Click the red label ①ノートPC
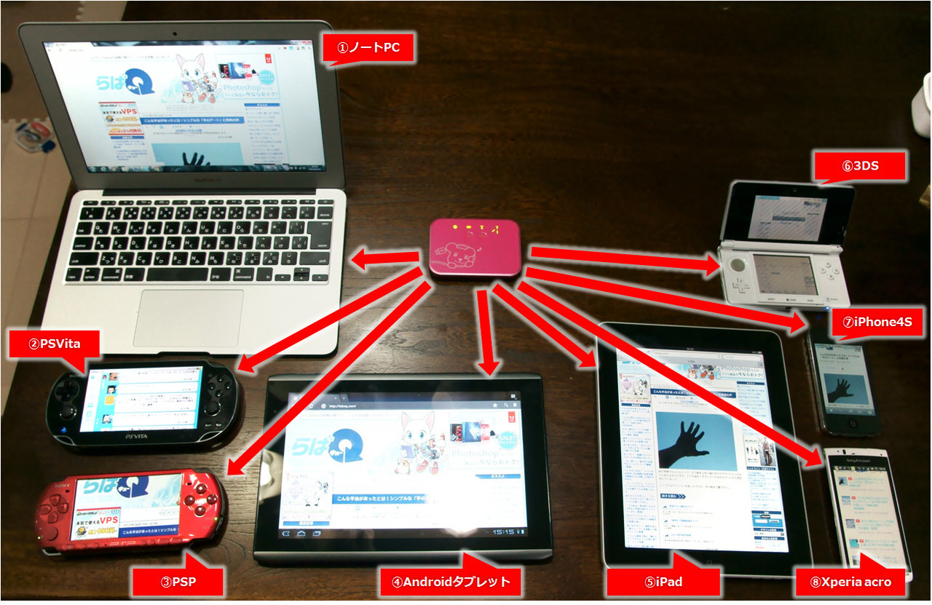[x=368, y=49]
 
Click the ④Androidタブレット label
[x=446, y=582]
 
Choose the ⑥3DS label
[x=861, y=165]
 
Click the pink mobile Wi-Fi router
[x=475, y=247]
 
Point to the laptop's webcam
[x=175, y=33]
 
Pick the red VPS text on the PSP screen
[x=109, y=521]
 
